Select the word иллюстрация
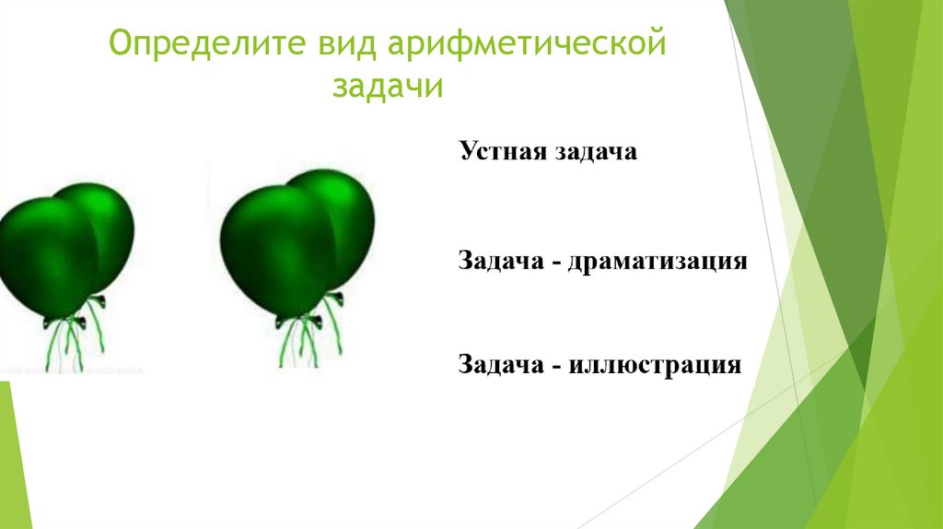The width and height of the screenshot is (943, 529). (655, 366)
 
